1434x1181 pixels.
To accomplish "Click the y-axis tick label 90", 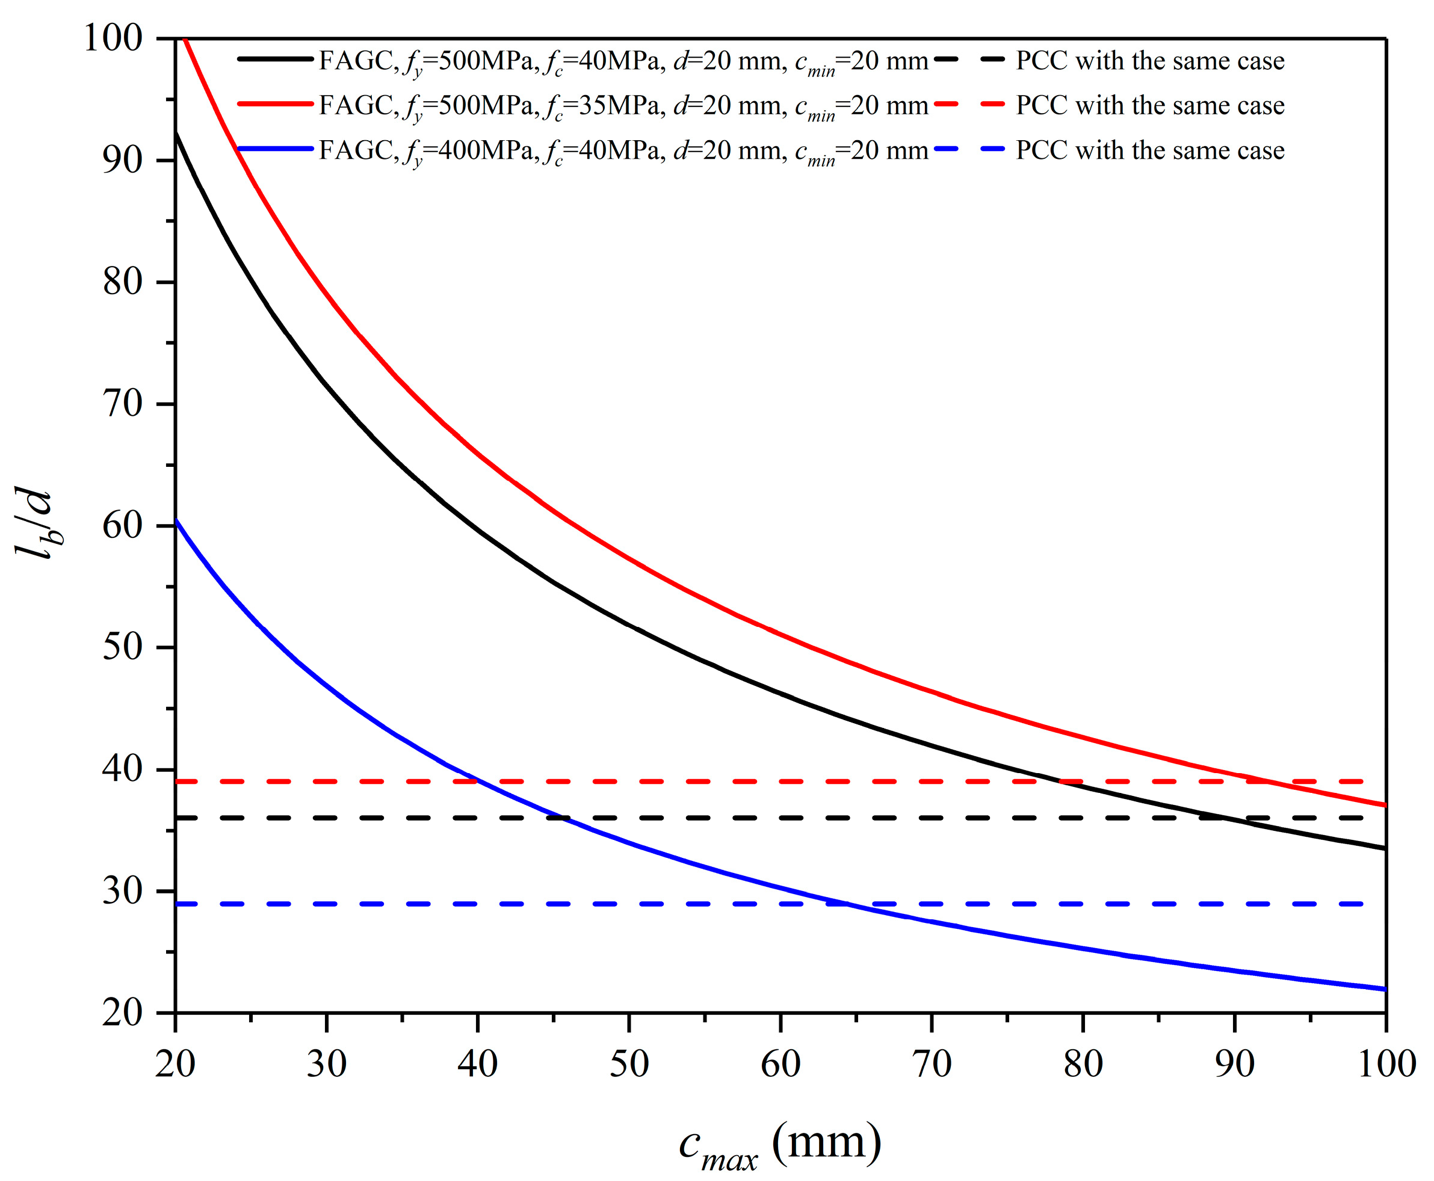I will [122, 161].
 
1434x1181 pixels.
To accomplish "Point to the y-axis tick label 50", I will [122, 647].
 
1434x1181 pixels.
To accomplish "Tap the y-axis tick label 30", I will [122, 891].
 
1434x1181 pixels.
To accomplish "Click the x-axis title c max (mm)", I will [780, 1143].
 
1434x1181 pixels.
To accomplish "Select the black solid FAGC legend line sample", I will [275, 60].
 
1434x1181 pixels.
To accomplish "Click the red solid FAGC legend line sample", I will [275, 105].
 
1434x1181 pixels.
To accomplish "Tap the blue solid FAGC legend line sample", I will [275, 150].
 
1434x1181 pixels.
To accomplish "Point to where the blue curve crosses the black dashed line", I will [561, 817].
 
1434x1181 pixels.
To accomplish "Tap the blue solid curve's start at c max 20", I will [177, 521].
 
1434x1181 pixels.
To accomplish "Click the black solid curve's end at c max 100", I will [1384, 848].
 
